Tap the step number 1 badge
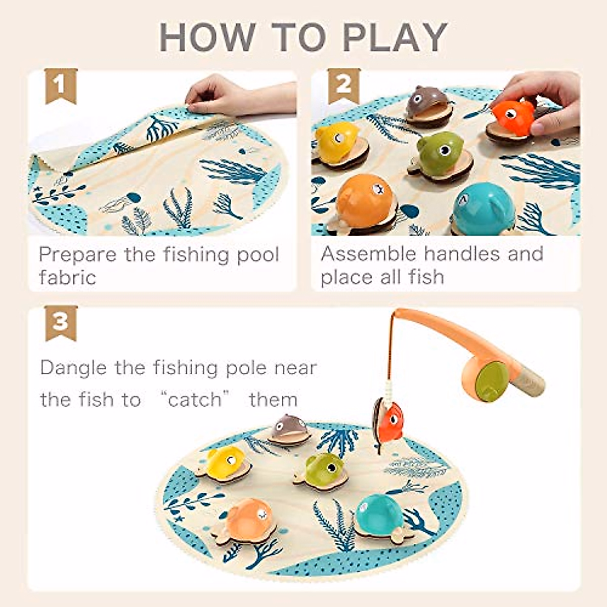point(61,85)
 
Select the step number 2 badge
point(343,85)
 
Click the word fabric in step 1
point(67,277)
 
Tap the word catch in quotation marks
point(195,400)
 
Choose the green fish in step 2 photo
point(440,150)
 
